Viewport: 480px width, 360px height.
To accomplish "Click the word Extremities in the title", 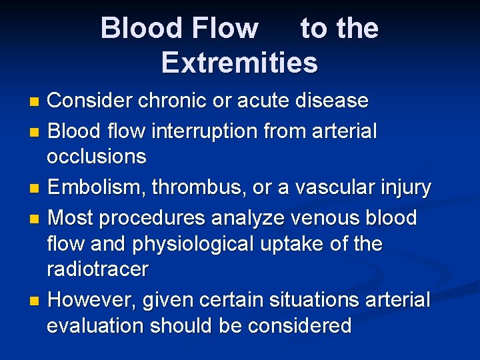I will [x=239, y=63].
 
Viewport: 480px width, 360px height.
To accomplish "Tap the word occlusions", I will [x=96, y=157].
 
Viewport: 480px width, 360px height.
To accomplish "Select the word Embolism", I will [x=96, y=188].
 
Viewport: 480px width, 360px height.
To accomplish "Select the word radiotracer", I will [x=97, y=269].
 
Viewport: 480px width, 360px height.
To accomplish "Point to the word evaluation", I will [x=95, y=325].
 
